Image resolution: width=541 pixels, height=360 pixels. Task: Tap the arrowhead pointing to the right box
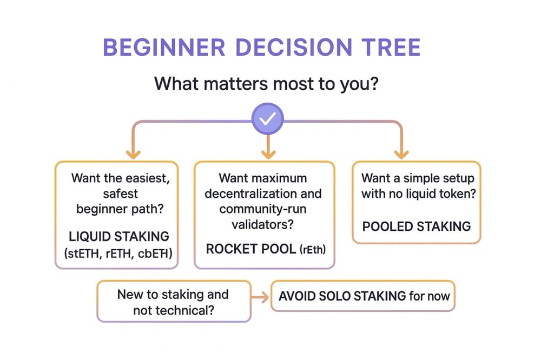tap(401, 153)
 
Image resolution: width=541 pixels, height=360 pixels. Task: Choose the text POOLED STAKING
tap(417, 226)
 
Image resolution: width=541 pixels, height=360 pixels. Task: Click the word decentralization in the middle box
tap(263, 194)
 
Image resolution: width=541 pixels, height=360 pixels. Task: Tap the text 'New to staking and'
tap(173, 295)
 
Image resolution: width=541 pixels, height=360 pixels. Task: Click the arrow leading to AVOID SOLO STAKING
tap(262, 296)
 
